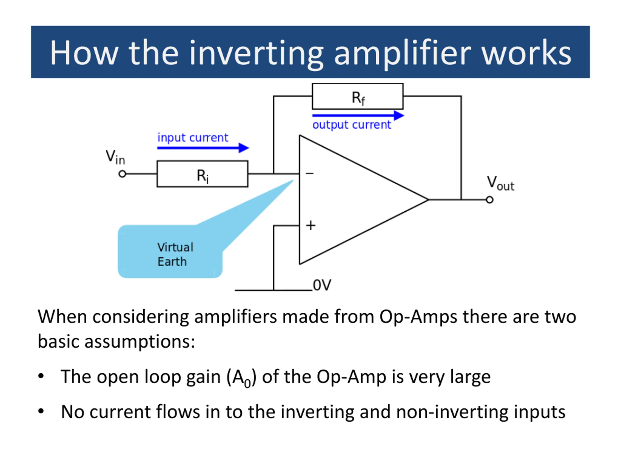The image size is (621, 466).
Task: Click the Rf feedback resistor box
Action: click(x=358, y=96)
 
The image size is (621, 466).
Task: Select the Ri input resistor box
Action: click(x=202, y=174)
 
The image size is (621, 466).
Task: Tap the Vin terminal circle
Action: click(x=122, y=174)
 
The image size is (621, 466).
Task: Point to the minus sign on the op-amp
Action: click(x=310, y=174)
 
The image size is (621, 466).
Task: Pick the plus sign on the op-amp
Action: click(x=310, y=225)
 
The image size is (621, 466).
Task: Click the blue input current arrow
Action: click(x=203, y=148)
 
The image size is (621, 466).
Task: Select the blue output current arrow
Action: click(x=358, y=115)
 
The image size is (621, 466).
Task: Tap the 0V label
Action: click(x=322, y=285)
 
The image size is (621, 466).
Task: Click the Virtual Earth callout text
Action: click(x=175, y=254)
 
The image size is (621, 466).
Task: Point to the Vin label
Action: click(x=115, y=157)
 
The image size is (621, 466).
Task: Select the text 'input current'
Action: click(x=193, y=138)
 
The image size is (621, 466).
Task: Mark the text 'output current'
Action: click(x=351, y=125)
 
